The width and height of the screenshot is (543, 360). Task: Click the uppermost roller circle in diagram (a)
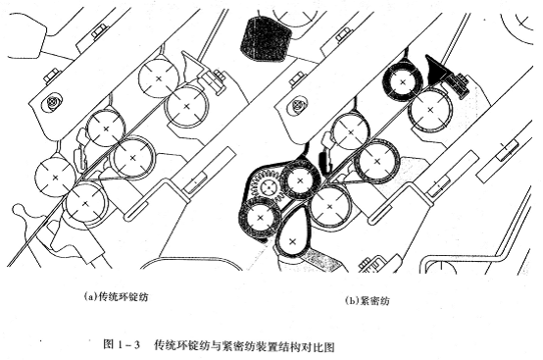(158, 76)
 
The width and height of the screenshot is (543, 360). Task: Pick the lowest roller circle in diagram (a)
(86, 203)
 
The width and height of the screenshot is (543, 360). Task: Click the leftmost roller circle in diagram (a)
(55, 177)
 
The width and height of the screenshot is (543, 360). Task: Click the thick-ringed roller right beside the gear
(300, 178)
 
